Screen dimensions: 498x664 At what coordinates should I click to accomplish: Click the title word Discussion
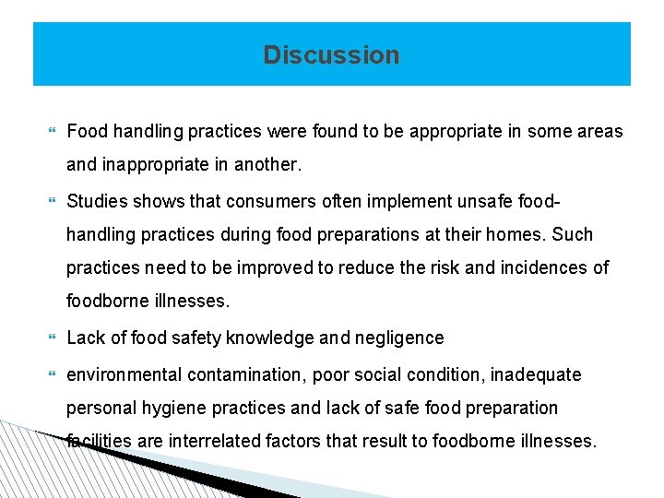pos(331,55)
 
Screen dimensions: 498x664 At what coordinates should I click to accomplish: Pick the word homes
pos(520,234)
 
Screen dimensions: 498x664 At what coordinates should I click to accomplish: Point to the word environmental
pos(125,375)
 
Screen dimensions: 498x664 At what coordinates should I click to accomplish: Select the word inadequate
pos(536,375)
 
